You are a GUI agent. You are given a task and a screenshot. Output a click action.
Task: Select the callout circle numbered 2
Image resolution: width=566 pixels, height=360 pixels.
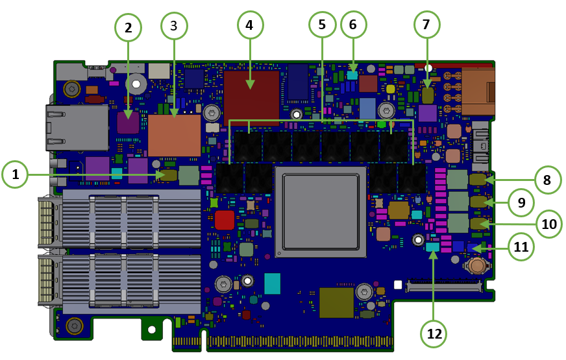click(129, 27)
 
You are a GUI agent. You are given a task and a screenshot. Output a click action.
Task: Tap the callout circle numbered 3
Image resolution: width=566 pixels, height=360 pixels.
click(174, 26)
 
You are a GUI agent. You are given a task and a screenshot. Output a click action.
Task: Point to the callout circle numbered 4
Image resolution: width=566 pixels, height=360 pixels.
click(250, 26)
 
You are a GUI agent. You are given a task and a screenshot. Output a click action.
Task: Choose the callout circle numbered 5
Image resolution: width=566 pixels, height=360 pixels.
click(322, 26)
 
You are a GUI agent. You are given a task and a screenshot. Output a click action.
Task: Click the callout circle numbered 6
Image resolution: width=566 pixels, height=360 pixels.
click(353, 25)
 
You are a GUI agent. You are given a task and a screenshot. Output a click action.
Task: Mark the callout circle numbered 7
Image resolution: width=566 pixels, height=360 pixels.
click(426, 25)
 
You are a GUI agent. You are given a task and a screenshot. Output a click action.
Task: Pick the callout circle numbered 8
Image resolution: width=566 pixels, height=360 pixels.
click(547, 180)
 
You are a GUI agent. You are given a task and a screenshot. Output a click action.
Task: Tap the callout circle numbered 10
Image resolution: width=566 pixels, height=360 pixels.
click(549, 224)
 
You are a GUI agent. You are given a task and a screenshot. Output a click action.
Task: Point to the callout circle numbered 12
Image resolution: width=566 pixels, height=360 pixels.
click(434, 333)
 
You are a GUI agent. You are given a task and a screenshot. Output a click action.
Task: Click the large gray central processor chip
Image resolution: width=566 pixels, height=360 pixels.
click(321, 211)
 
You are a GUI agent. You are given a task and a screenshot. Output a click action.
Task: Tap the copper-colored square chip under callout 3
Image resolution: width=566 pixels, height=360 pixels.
click(174, 136)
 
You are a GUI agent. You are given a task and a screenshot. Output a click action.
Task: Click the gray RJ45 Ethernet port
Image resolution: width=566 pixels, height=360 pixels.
click(77, 127)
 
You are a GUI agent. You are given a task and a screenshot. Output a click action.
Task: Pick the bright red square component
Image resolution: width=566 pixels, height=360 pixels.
click(224, 220)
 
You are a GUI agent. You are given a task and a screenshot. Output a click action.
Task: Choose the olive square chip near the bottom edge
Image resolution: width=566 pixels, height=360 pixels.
click(336, 303)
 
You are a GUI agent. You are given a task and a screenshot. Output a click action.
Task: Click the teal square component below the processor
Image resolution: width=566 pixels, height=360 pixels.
click(272, 283)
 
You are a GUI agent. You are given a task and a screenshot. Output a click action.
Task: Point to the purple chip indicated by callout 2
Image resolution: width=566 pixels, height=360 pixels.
click(128, 123)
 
